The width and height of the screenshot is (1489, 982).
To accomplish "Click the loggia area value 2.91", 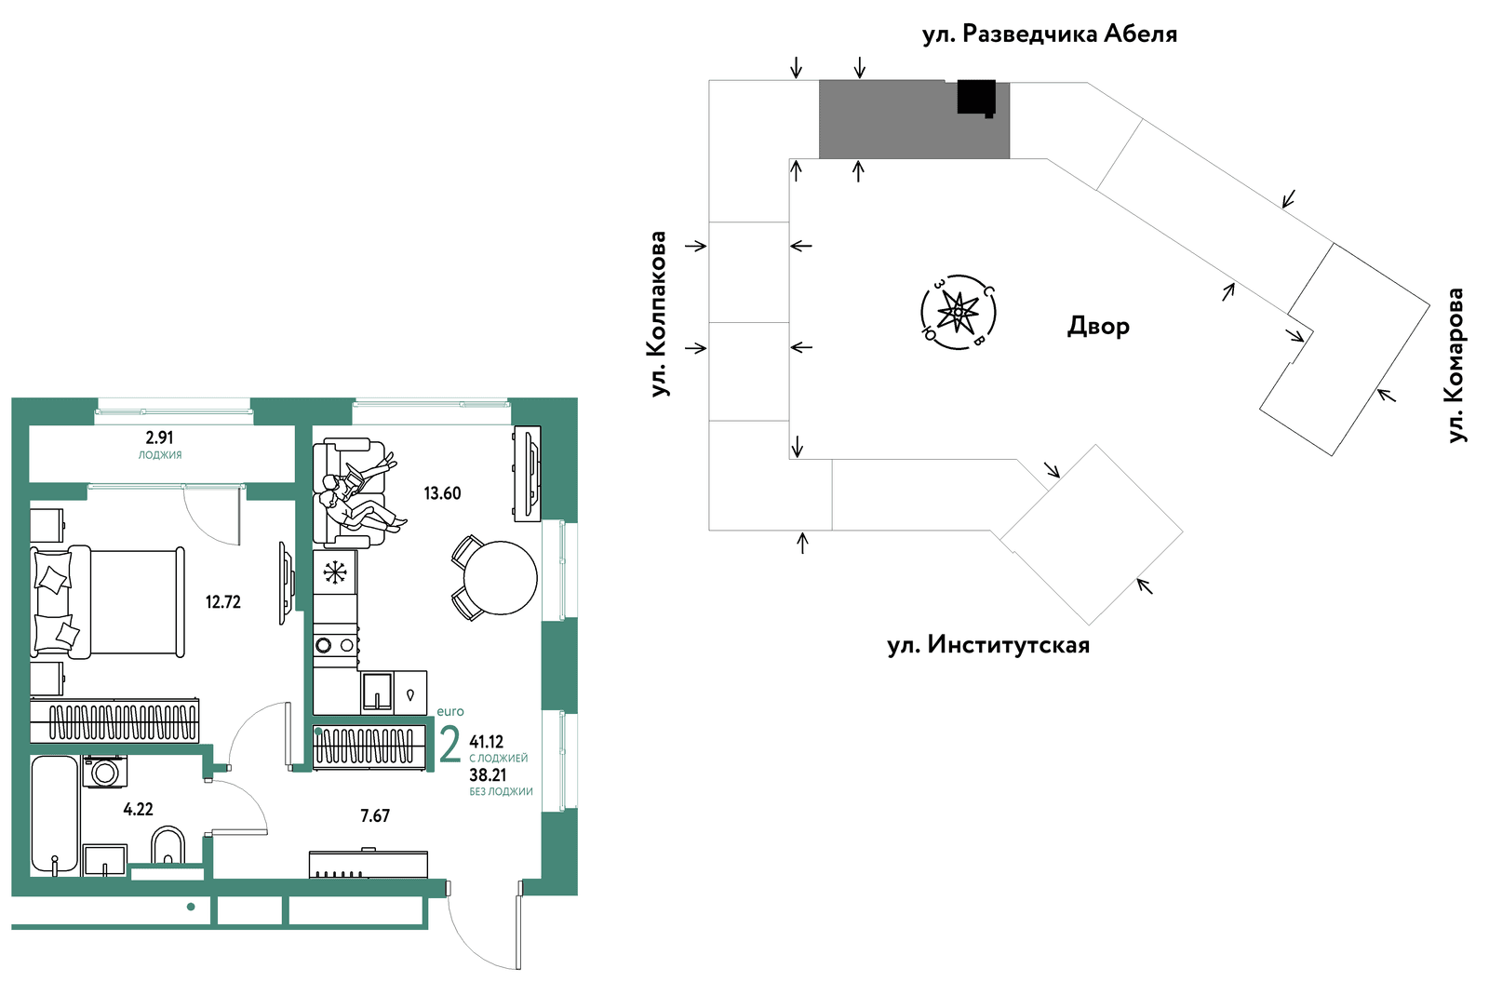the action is coord(159,437).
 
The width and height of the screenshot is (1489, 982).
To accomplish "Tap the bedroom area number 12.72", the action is coord(223,602).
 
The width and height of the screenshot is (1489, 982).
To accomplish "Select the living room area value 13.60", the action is coord(443,493).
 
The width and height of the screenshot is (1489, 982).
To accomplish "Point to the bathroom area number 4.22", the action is coord(139,809).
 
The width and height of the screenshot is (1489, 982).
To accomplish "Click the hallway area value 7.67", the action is coord(375,815).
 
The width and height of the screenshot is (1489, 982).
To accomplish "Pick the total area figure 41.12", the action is coord(487,741).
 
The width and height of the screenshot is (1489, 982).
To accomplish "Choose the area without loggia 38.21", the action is coord(488,774).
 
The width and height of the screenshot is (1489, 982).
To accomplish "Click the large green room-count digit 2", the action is coord(450,745).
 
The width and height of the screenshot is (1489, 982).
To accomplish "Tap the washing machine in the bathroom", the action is coord(105,772).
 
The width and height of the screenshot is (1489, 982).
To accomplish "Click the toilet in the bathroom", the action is coord(168,845).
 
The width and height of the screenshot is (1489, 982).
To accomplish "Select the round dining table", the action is coord(500,578).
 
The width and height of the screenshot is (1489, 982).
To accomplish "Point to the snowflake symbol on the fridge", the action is coord(335,572).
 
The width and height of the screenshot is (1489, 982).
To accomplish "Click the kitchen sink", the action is coord(378,692).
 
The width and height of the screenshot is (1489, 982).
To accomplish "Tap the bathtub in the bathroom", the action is coord(55,815).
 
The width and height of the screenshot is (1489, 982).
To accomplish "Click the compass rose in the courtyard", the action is coord(958,312).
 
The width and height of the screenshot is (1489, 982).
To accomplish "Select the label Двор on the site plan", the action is coord(1098,327).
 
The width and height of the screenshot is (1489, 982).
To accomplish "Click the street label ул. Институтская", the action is coord(988,645).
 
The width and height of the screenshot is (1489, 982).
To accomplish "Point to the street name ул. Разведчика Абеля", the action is coord(1050,34).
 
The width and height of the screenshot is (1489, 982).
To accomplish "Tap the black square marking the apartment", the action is coord(976,97).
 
